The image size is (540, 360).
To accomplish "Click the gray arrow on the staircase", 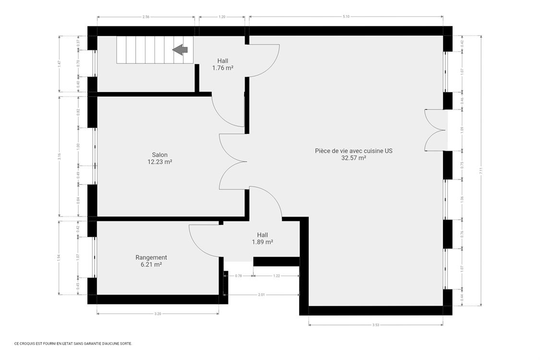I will click(x=180, y=49).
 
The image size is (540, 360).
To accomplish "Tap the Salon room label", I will click(x=160, y=155).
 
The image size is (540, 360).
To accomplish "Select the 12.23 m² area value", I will click(x=160, y=162).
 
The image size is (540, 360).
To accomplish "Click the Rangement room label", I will click(x=151, y=257).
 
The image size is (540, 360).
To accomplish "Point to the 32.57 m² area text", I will click(x=354, y=158).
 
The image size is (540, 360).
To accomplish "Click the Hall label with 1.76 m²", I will click(x=223, y=61).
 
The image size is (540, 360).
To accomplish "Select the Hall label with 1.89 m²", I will click(x=263, y=235).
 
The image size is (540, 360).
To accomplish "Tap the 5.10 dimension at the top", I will click(x=346, y=17).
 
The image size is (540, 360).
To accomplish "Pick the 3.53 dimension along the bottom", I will click(x=375, y=325).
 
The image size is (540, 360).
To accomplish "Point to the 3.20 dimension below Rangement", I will click(x=157, y=314).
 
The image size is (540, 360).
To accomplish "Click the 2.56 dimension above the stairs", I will click(x=145, y=17).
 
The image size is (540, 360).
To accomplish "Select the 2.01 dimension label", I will click(x=262, y=295).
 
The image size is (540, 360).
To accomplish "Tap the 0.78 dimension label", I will click(x=239, y=276).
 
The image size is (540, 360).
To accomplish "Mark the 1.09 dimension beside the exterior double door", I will click(x=462, y=130).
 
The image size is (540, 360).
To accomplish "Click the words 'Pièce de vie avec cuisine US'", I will click(x=354, y=151).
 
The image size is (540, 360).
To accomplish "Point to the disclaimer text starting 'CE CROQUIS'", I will click(x=73, y=343).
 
